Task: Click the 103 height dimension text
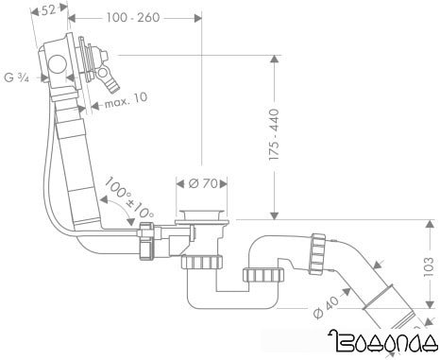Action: (x=427, y=268)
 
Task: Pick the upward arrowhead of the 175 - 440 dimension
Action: (x=275, y=60)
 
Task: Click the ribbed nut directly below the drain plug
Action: (x=203, y=260)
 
